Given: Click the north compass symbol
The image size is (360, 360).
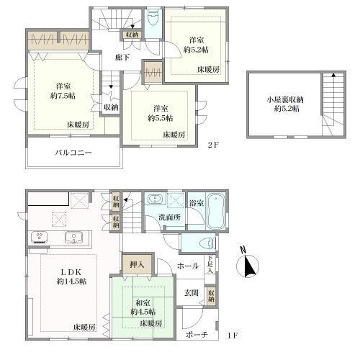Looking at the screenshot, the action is (x=248, y=264).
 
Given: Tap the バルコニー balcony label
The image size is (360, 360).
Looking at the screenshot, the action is (x=73, y=153).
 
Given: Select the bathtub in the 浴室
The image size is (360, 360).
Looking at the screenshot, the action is (x=216, y=211).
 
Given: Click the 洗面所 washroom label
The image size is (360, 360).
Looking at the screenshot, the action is (x=170, y=217).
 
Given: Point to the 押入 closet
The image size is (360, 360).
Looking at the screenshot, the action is (x=137, y=265).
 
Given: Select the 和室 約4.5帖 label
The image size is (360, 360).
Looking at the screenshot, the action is (x=143, y=307).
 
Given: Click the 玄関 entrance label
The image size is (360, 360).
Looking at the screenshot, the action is (x=192, y=293).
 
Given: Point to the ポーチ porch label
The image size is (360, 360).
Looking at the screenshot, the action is (x=197, y=335).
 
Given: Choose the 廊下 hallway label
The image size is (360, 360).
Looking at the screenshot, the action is (x=122, y=58).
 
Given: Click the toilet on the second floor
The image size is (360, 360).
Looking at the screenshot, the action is (x=154, y=17).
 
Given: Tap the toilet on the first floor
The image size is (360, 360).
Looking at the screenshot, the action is (x=207, y=243).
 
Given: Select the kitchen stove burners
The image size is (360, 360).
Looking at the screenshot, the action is (x=39, y=236).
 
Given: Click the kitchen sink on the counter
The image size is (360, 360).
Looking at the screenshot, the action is (x=74, y=238).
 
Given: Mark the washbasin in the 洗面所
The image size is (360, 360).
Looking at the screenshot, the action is (x=156, y=199).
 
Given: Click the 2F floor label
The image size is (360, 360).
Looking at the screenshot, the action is (x=213, y=145).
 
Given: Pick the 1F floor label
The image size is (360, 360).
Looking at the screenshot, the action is (x=233, y=336).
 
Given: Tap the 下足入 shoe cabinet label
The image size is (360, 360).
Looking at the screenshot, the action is (x=210, y=264).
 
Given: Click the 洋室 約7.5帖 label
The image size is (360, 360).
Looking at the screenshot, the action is (x=63, y=91).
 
